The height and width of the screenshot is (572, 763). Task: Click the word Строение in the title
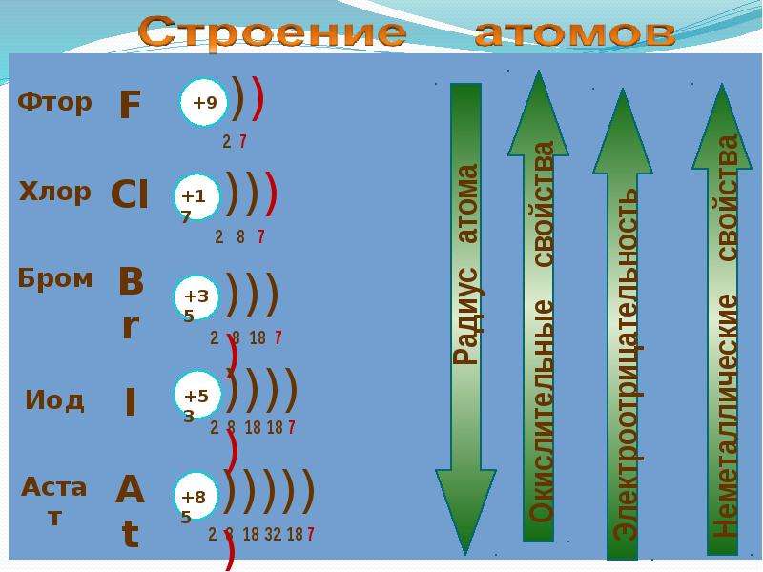272,33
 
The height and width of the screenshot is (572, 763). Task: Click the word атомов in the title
575,33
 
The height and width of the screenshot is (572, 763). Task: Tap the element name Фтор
54,103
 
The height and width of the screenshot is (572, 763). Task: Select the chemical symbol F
130,104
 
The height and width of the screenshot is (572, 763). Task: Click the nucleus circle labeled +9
203,103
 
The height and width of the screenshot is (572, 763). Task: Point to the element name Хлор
55,192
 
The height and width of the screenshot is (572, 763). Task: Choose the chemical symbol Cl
130,194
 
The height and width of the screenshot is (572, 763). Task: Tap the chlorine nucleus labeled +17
197,197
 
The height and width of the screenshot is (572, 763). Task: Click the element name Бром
55,278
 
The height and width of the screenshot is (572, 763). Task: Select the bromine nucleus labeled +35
197,297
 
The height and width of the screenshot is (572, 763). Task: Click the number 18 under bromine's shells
258,337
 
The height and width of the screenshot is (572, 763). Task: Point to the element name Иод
54,400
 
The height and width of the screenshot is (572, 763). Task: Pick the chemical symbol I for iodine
130,402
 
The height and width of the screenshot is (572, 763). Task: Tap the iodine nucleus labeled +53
197,396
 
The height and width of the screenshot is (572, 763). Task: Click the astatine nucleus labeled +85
196,496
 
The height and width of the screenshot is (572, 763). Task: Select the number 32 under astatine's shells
273,534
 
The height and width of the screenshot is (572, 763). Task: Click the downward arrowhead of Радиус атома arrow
465,512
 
